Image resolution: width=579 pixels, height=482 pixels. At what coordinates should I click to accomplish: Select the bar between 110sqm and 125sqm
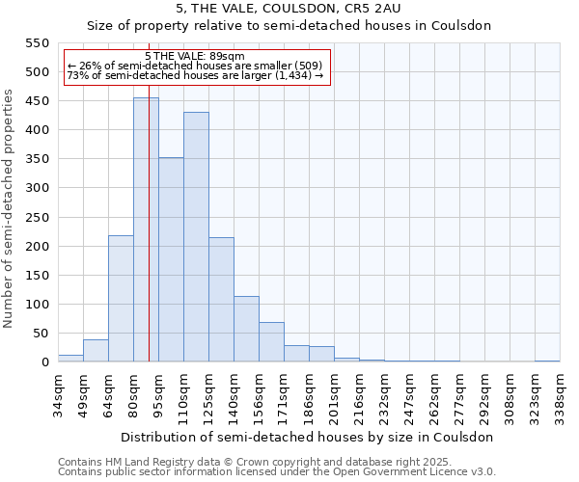(196, 237)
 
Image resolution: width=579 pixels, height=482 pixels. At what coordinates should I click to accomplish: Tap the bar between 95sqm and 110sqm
(171, 259)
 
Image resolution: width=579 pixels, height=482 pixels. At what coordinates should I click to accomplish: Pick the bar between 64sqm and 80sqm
(121, 299)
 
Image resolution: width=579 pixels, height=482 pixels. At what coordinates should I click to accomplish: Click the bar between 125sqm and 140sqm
(221, 300)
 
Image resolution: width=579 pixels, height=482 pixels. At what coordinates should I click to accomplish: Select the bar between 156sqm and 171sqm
(271, 342)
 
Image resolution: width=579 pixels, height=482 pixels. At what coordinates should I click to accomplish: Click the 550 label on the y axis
(37, 43)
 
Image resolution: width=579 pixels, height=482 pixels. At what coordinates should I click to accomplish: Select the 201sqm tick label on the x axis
(334, 395)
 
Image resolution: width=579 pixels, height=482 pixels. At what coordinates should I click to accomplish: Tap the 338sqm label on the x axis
(560, 395)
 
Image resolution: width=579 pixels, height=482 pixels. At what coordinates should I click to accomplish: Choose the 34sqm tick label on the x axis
(58, 395)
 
